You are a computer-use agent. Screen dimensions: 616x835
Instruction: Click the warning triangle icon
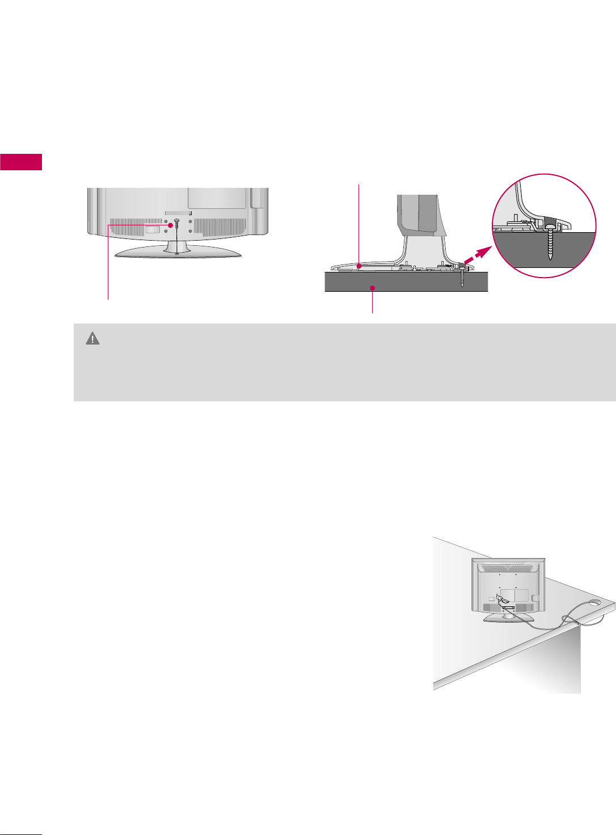(x=92, y=339)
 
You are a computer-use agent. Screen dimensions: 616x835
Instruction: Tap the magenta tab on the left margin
(x=21, y=162)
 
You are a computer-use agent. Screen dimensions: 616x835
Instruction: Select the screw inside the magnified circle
(x=551, y=242)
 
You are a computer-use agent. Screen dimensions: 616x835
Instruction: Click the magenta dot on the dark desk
(x=372, y=288)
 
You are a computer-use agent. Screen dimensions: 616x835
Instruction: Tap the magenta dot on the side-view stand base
(x=360, y=265)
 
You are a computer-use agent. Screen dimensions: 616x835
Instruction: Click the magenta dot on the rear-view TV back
(x=170, y=225)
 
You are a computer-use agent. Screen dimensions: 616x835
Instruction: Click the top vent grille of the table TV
(x=508, y=567)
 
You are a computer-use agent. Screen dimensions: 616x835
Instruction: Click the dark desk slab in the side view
(x=406, y=282)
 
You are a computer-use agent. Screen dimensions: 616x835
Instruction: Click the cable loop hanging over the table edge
(x=567, y=622)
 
